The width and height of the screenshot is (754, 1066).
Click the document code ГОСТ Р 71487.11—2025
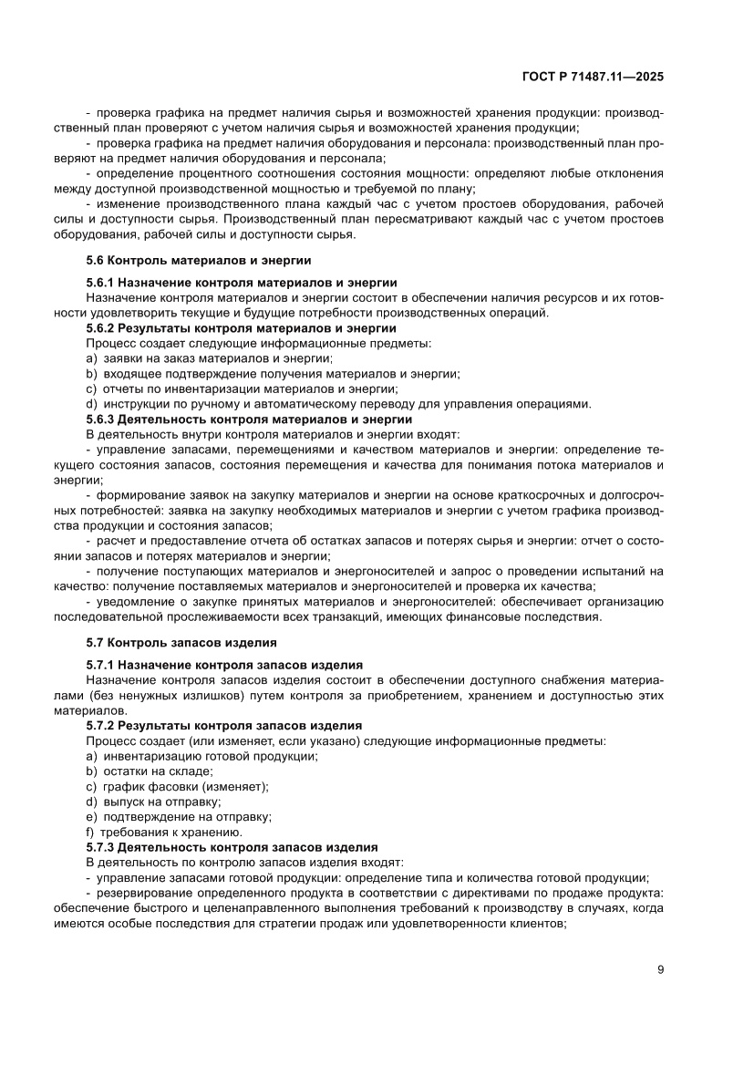pos(593,78)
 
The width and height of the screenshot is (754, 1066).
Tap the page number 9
pos(660,969)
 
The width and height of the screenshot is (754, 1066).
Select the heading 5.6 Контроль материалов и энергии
pos(198,260)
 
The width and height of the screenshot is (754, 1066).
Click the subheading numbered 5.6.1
pos(241,283)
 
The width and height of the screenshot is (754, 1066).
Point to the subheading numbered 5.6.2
pos(241,327)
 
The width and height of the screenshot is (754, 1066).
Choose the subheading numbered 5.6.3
pos(248,419)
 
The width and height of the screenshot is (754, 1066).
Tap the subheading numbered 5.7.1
pos(224,665)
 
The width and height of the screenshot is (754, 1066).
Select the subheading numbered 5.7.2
pos(224,725)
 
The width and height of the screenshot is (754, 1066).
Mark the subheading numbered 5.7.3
pos(232,846)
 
